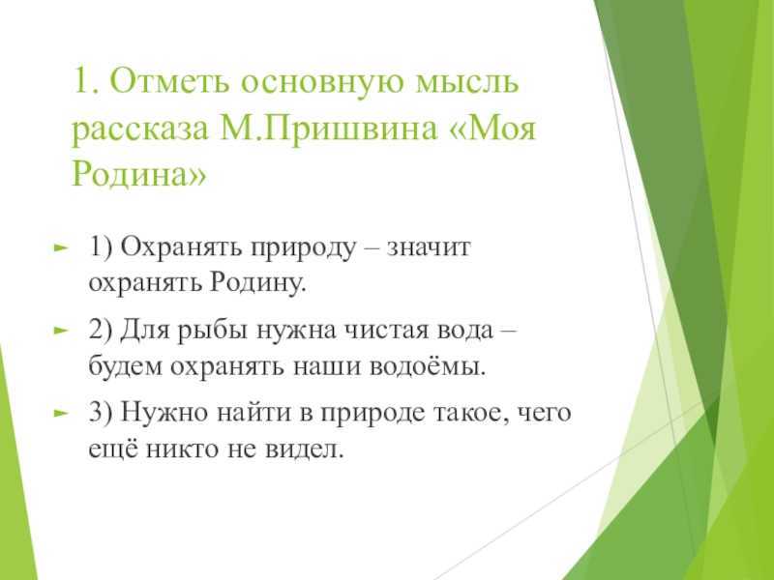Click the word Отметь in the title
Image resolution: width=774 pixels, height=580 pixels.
tap(170, 81)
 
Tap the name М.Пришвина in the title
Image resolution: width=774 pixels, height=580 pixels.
tap(328, 130)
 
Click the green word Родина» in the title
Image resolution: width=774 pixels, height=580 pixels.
tap(138, 174)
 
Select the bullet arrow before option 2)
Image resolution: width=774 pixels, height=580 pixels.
tap(60, 330)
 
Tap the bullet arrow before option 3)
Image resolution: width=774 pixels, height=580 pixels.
tap(60, 413)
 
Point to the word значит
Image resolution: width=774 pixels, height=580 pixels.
tap(429, 247)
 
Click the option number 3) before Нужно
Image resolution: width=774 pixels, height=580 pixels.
tap(102, 413)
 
